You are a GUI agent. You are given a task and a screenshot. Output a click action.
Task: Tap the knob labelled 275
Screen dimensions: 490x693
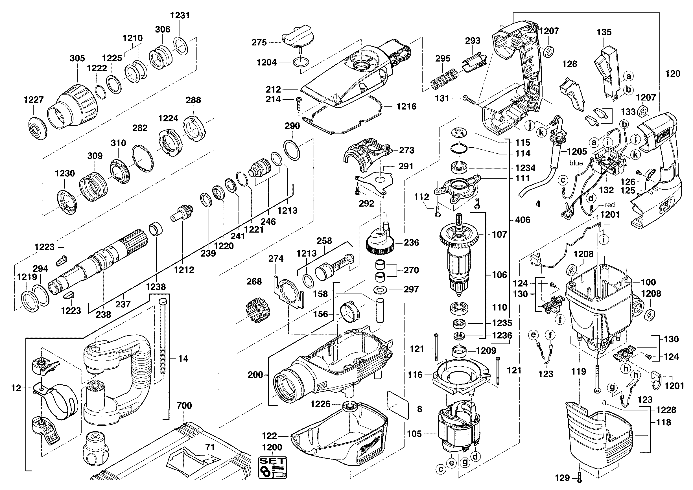point(297,38)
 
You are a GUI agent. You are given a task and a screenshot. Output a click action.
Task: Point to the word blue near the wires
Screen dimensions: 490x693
point(576,163)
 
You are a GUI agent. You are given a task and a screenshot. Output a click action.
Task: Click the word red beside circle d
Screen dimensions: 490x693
point(610,205)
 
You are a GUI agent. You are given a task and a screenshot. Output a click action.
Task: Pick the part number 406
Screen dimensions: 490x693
point(523,220)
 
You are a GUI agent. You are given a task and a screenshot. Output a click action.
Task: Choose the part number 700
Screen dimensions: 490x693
point(184,405)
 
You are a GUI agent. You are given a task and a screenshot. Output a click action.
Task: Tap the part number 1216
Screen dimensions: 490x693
point(406,106)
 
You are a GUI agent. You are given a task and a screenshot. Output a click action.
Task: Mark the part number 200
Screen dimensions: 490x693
point(255,375)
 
